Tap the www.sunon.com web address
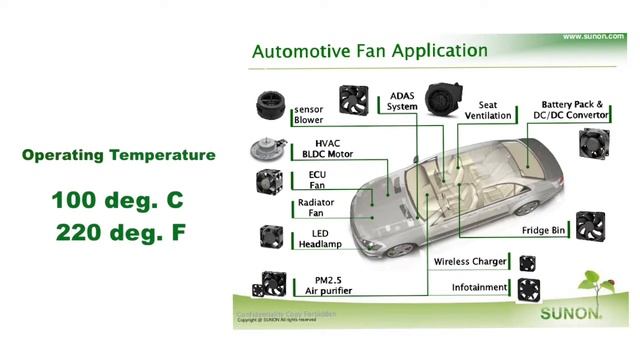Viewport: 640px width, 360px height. (x=593, y=36)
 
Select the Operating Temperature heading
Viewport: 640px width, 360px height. (x=118, y=155)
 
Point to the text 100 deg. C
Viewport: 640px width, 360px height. (x=118, y=201)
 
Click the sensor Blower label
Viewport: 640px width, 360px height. (x=308, y=114)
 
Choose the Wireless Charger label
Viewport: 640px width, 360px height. (x=469, y=262)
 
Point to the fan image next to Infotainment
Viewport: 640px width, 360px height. (x=527, y=289)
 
